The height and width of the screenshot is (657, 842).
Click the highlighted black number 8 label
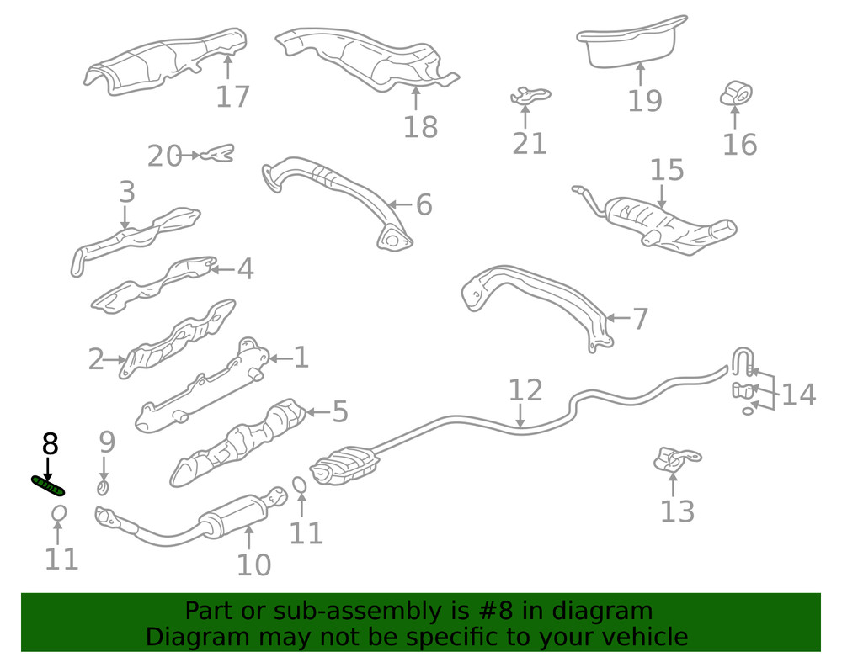click(x=50, y=442)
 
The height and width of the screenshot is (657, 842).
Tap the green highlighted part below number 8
click(x=48, y=484)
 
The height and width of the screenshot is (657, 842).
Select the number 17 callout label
click(x=232, y=96)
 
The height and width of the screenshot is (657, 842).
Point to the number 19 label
click(x=645, y=100)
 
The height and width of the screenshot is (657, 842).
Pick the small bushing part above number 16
click(x=737, y=93)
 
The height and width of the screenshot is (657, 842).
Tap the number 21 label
click(x=530, y=143)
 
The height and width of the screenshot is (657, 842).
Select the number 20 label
click(x=164, y=156)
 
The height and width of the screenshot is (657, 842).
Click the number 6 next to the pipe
click(x=424, y=204)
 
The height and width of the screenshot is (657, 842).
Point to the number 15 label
click(x=667, y=171)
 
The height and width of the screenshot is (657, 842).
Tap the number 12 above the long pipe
click(x=525, y=390)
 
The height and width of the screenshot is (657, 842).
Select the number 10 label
click(x=253, y=564)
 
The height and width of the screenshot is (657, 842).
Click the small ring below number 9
click(x=103, y=486)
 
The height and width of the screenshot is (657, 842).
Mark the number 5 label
click(x=339, y=411)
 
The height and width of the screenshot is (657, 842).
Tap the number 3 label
click(x=126, y=192)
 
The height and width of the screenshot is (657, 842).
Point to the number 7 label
click(x=640, y=319)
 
